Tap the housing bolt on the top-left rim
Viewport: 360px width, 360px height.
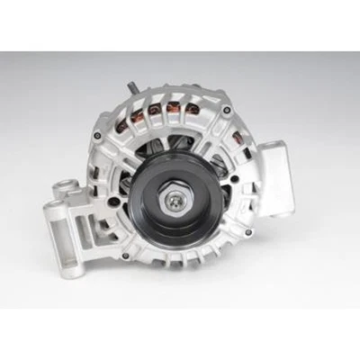[96, 135]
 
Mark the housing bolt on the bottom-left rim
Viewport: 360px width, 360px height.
[125, 255]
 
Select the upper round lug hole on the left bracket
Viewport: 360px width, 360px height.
[64, 190]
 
